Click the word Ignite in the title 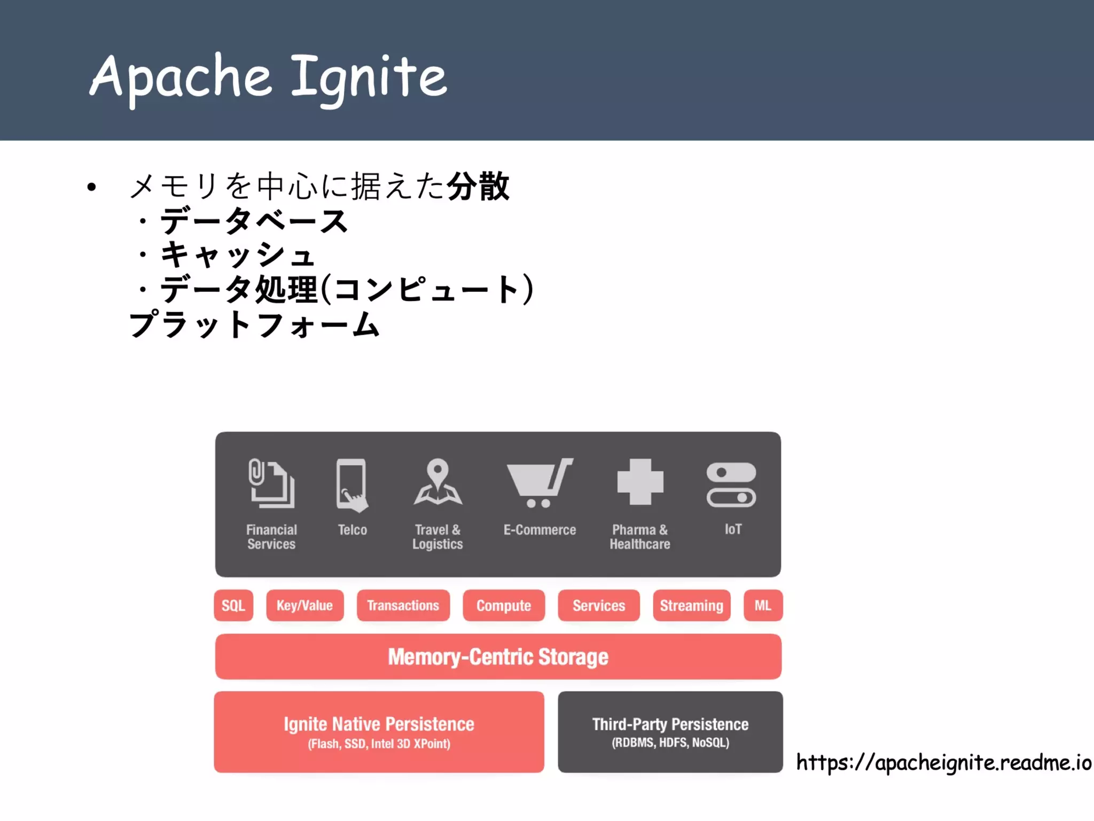369,78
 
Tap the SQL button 233,605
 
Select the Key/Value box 304,605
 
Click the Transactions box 403,605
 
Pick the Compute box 503,605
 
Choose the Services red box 598,605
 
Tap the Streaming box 691,605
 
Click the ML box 763,605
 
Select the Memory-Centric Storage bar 498,656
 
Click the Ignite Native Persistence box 379,731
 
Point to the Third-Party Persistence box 670,731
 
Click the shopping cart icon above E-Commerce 538,483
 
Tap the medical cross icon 640,482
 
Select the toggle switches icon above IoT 731,484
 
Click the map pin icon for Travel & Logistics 437,482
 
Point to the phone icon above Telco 351,484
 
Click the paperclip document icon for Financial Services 271,483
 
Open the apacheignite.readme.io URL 943,762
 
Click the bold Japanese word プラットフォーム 254,324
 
